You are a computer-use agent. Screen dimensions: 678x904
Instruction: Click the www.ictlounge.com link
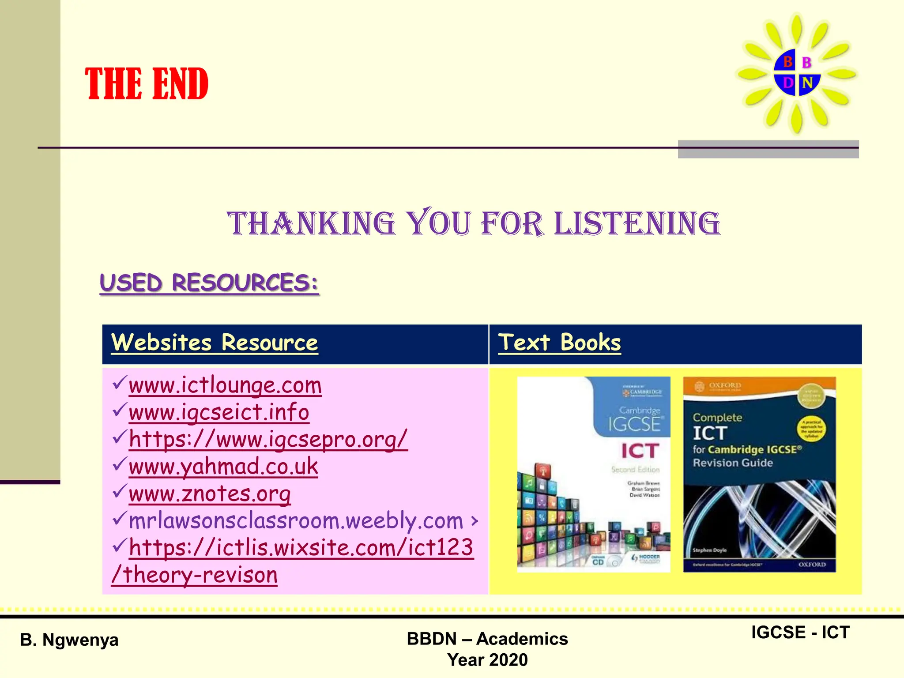tap(225, 385)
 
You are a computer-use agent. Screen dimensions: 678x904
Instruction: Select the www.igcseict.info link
tap(219, 412)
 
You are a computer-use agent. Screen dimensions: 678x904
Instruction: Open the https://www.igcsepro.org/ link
tap(268, 439)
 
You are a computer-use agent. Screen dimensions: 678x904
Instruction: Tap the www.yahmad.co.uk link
tap(223, 467)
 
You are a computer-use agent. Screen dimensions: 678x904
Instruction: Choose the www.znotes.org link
tap(210, 493)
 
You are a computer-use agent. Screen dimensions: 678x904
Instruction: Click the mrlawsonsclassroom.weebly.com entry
tap(296, 521)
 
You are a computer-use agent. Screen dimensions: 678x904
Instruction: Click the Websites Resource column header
tap(215, 343)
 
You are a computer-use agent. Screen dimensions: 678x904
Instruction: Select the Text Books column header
tap(559, 343)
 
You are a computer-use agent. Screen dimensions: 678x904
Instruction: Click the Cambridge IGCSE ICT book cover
tap(594, 475)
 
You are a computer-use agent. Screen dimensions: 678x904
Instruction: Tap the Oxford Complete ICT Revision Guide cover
tap(759, 475)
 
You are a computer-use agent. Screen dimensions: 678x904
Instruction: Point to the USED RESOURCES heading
tap(209, 282)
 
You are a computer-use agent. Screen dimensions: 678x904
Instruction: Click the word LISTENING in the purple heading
tap(637, 223)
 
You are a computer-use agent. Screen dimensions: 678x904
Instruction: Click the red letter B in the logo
tap(787, 62)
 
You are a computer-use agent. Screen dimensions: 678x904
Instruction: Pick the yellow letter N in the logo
tap(807, 83)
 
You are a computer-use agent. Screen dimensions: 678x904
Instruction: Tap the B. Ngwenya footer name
tap(69, 640)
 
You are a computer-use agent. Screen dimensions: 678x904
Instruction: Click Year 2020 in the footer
tap(487, 660)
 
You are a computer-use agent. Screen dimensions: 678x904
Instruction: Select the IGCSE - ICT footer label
tap(800, 633)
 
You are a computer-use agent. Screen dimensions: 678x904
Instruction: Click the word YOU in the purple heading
tap(439, 223)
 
